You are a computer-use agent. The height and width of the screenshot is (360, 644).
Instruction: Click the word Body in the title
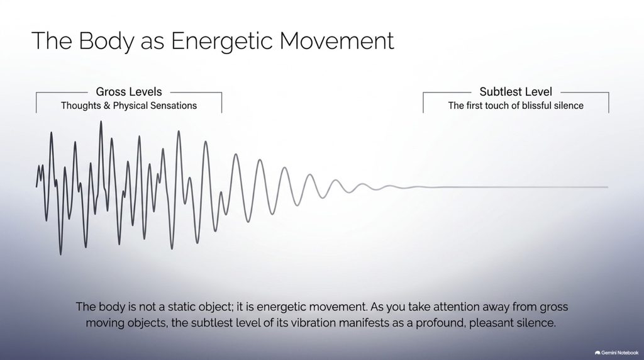(106, 41)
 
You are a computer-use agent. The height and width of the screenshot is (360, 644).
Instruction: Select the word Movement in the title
(337, 41)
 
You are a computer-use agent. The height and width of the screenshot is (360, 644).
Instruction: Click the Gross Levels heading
(129, 92)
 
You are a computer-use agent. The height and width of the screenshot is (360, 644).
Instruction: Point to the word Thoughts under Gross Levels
(81, 106)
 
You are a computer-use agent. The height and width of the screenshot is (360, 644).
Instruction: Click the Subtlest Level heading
(516, 92)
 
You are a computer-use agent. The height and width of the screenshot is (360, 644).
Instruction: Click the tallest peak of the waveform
(101, 121)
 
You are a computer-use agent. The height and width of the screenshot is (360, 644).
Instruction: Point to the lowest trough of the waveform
(61, 254)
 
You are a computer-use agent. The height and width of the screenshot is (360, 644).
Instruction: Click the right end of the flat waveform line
(608, 187)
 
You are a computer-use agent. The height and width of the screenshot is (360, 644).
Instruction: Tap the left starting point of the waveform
(36, 187)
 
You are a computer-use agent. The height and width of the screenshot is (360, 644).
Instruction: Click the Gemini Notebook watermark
(616, 352)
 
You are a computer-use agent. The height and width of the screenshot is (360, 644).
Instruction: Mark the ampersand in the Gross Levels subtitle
(107, 106)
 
